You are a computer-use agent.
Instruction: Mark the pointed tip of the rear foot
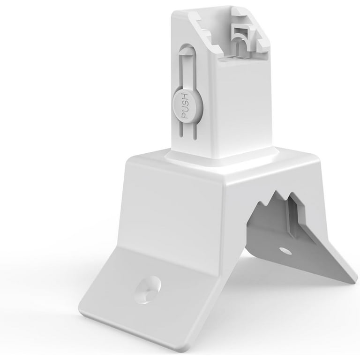(352, 280)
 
